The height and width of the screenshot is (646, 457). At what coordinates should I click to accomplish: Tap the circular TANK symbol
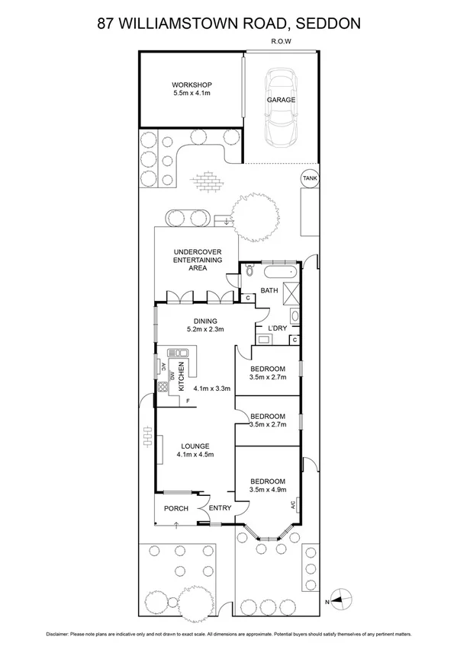tap(309, 178)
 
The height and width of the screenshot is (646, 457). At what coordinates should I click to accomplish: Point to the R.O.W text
tap(282, 43)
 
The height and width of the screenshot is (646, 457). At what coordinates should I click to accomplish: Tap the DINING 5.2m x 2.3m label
tap(204, 325)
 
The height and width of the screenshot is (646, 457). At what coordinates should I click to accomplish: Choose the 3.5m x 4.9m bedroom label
tap(267, 490)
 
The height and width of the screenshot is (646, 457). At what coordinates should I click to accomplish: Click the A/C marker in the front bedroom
tap(293, 504)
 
